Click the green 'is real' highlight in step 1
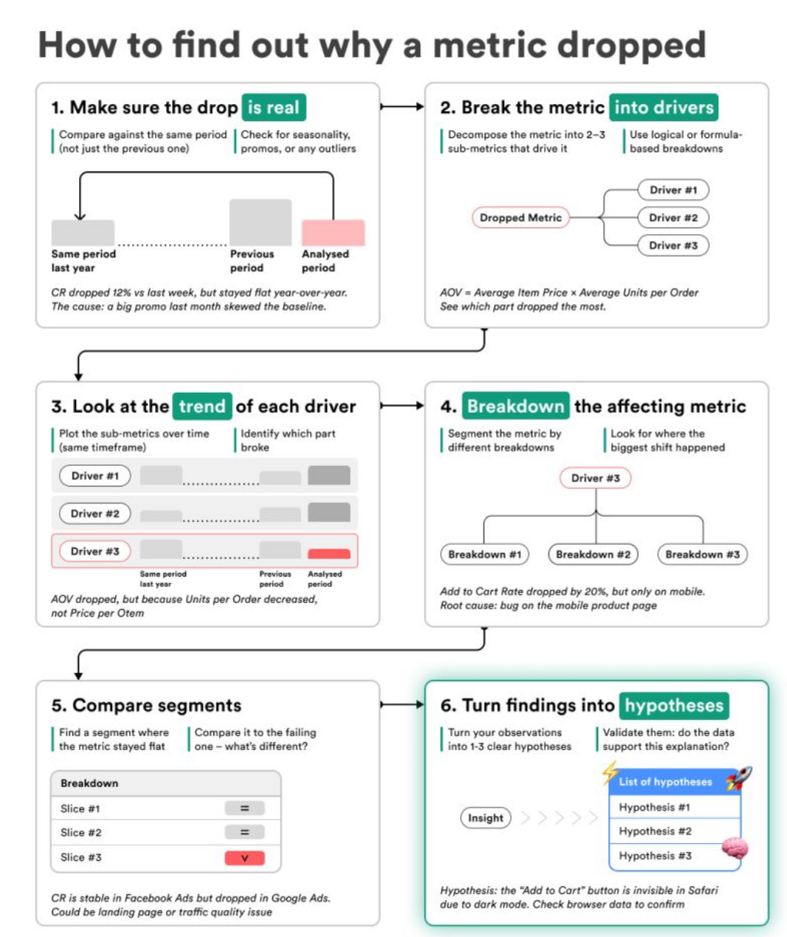274,107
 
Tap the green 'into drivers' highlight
663,107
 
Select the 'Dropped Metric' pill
520,218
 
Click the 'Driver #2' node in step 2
673,218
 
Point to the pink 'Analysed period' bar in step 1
333,233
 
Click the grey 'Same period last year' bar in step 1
83,233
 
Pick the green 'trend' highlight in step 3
202,406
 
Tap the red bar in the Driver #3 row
329,553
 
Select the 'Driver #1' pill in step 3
95,476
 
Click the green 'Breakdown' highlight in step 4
515,406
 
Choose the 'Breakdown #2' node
593,555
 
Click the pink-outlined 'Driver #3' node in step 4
595,478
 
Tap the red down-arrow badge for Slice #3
244,857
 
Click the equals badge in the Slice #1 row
244,809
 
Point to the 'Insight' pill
486,817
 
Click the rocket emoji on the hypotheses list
739,778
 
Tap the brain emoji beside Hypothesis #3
735,848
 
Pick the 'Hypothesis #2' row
674,831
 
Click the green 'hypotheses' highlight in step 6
674,705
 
